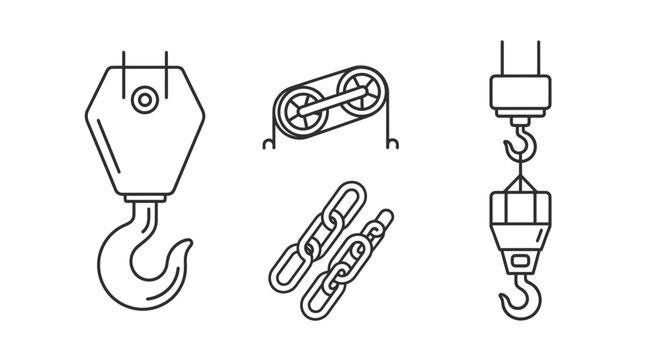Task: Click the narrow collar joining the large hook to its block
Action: [x=146, y=199]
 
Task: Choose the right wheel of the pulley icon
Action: [x=358, y=107]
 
